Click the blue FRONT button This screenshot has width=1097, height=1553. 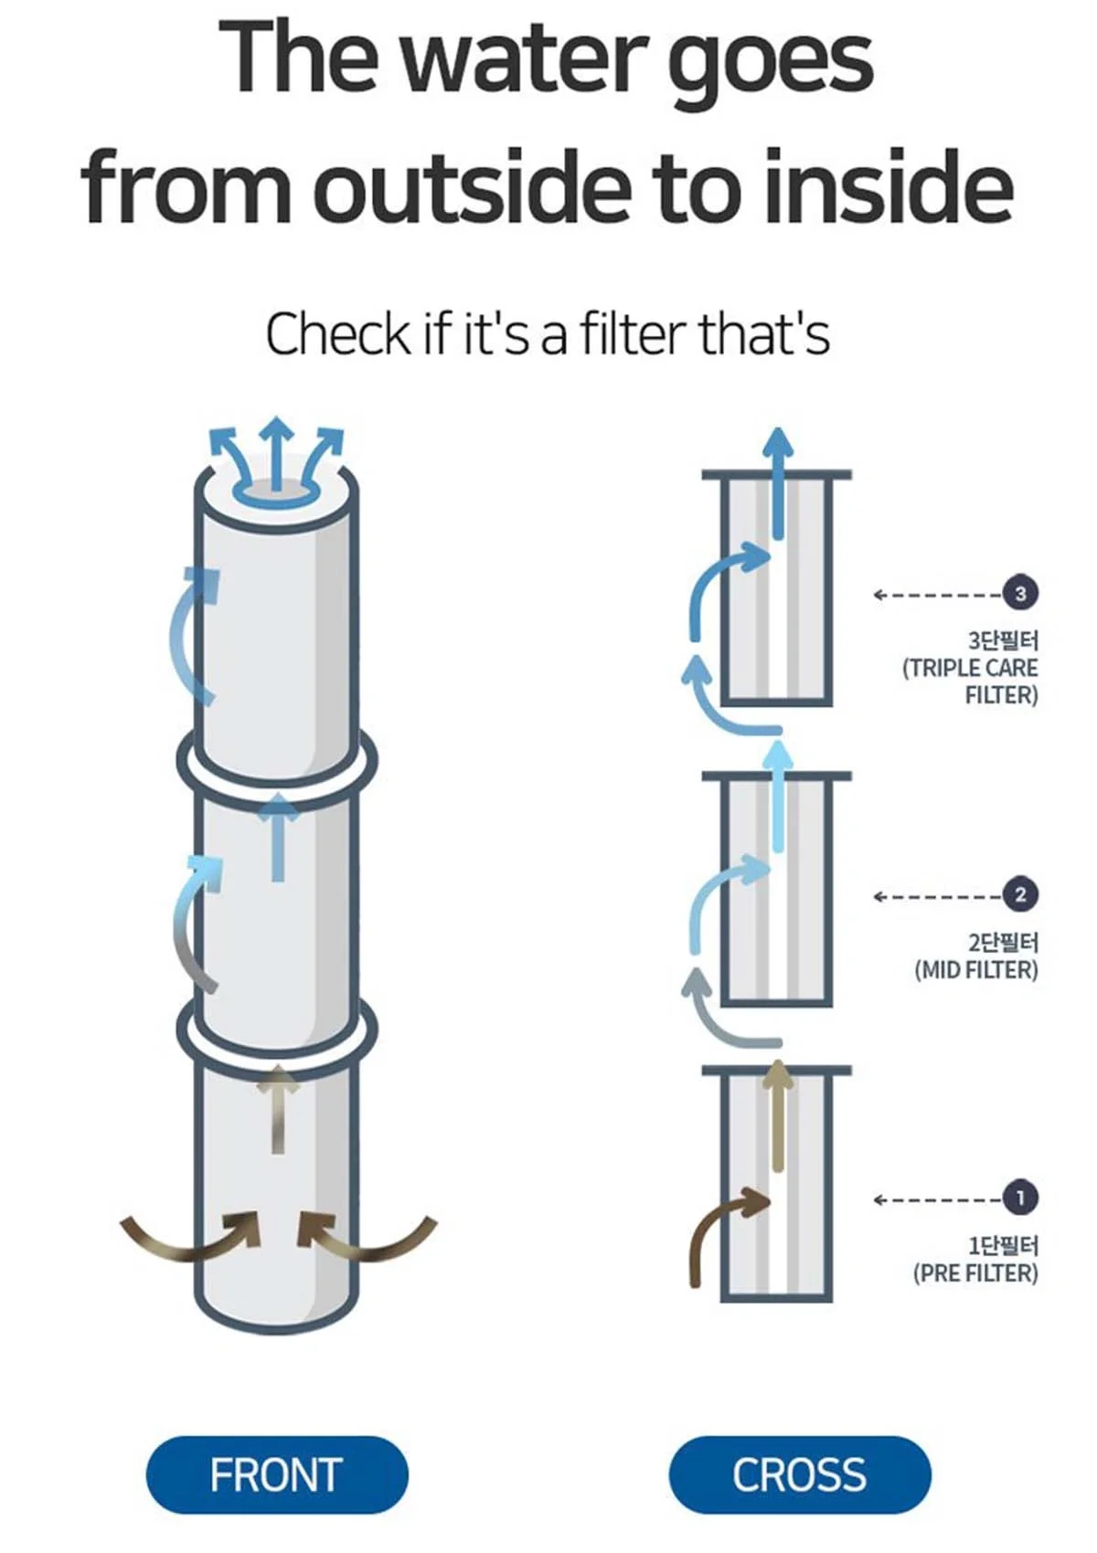276,1474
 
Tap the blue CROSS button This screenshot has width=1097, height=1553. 799,1474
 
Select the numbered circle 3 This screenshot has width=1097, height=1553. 1020,593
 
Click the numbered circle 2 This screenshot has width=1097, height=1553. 1020,894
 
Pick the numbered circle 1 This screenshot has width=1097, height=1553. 1020,1197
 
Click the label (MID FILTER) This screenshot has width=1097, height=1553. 975,970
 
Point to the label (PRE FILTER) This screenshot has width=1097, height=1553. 975,1273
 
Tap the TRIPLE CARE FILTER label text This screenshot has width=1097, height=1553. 971,681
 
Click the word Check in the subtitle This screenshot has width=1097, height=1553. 337,334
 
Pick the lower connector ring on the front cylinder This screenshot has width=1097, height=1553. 276,1030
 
